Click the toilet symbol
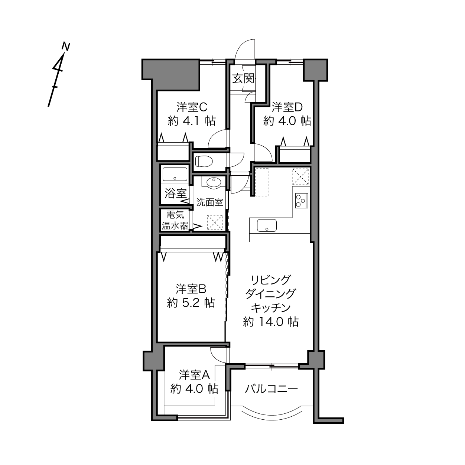point(204,162)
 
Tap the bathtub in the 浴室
point(175,174)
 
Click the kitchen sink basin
point(267,225)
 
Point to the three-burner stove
point(301,201)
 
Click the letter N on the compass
point(66,46)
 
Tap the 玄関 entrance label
point(244,78)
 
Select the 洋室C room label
point(192,107)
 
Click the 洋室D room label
point(287,107)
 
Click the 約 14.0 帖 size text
point(271,322)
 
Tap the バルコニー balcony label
point(271,389)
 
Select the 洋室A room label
point(194,375)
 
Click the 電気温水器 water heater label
point(175,220)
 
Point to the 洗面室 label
point(209,202)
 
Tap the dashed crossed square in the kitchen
point(301,177)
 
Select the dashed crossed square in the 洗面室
point(215,222)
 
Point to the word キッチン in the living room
point(271,308)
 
